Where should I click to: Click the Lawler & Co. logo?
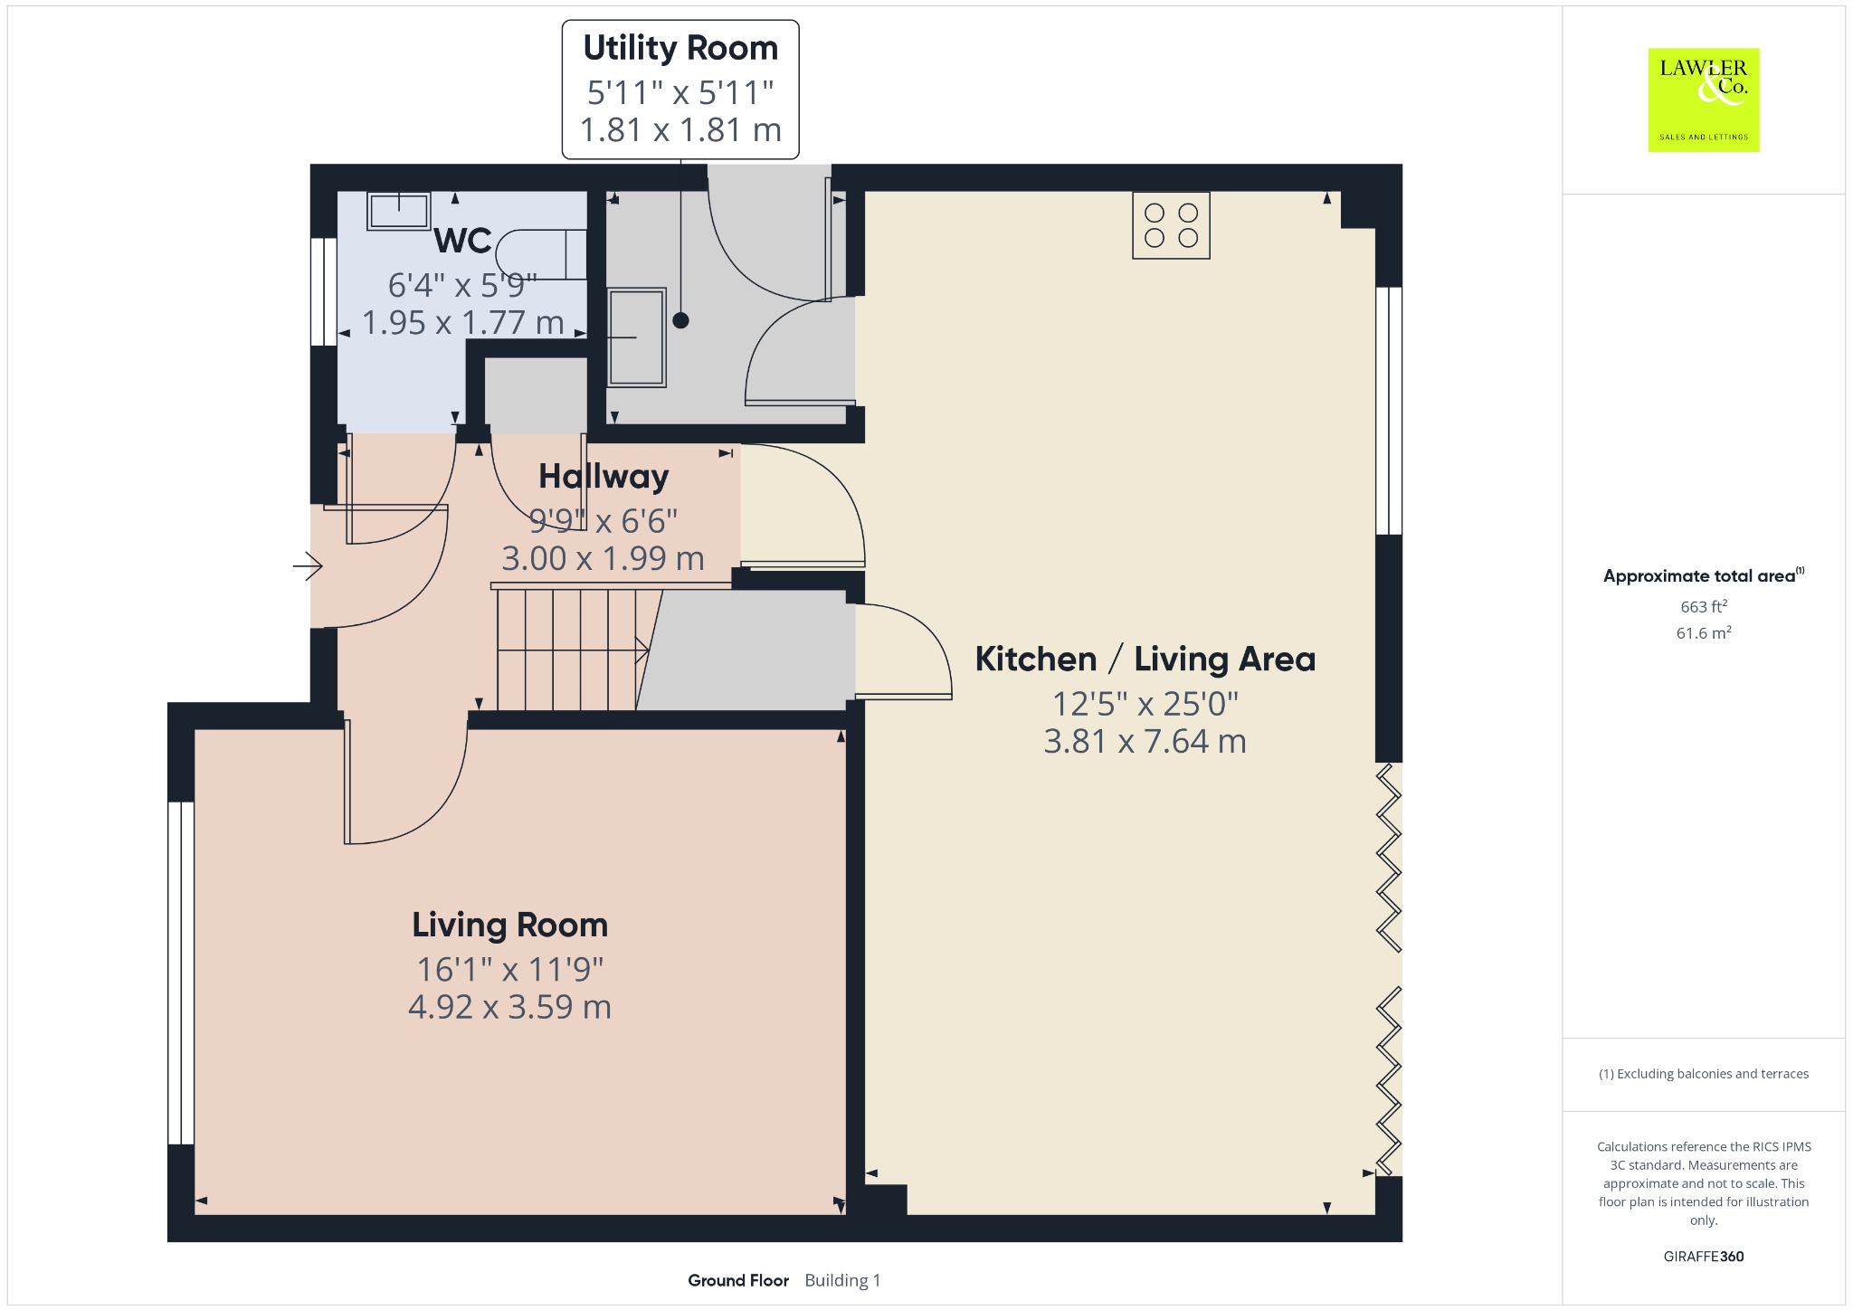click(x=1704, y=100)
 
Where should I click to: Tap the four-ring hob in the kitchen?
click(x=1171, y=225)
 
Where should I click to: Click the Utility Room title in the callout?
click(x=680, y=48)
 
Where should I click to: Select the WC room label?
click(x=463, y=241)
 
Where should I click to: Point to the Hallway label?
click(x=603, y=476)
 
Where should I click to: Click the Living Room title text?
click(x=510, y=925)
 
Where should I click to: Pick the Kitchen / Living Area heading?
click(x=1145, y=659)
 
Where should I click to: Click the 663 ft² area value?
click(x=1704, y=606)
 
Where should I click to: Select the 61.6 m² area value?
click(x=1704, y=632)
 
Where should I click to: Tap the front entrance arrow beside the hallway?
click(x=308, y=566)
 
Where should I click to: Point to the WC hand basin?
click(x=398, y=212)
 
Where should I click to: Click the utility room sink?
click(x=636, y=337)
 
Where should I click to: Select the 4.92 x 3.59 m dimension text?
click(x=510, y=1007)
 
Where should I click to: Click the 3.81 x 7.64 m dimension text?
click(x=1145, y=742)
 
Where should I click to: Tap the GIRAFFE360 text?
click(x=1704, y=1257)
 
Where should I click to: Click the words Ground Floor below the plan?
click(x=738, y=1280)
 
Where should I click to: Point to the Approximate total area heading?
click(x=1699, y=576)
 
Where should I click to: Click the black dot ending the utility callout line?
click(x=680, y=320)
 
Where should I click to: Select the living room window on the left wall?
click(x=181, y=973)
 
